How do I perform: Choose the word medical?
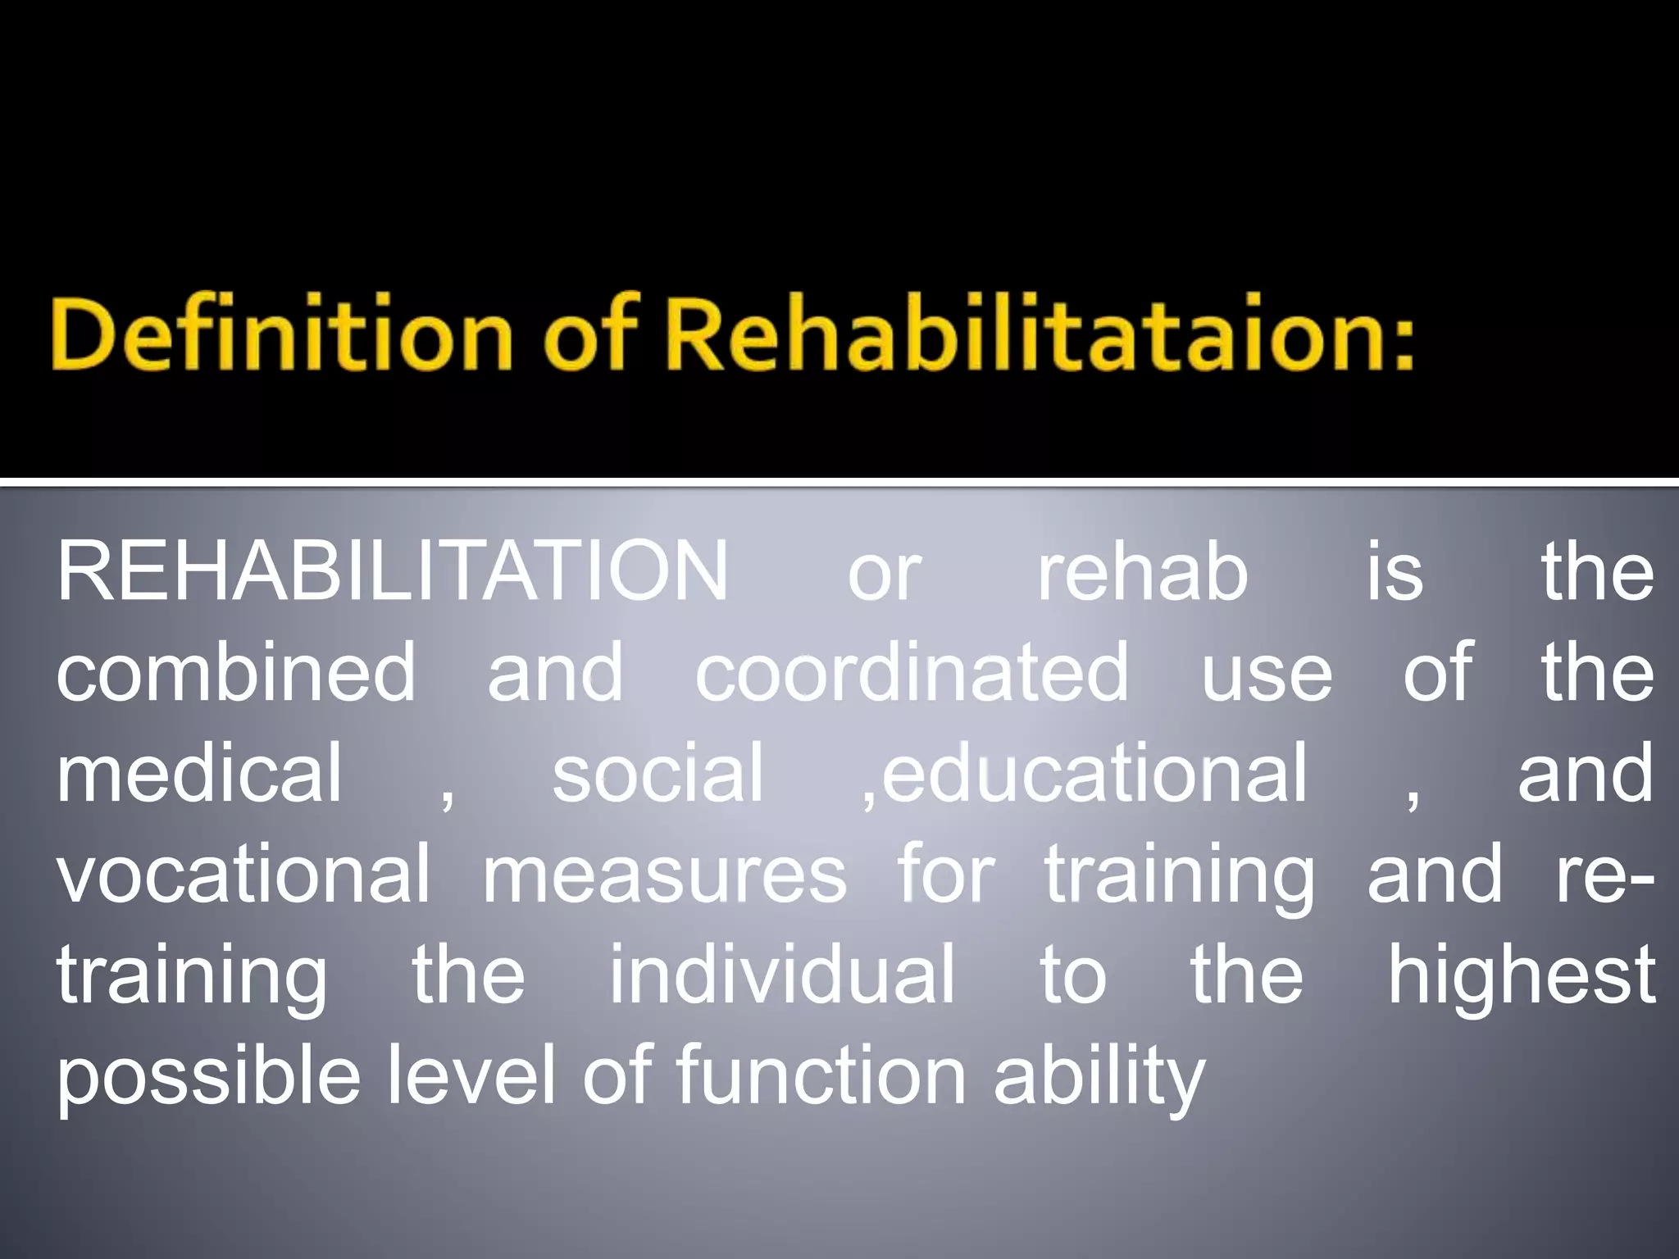[x=199, y=773]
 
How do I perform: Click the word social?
[x=657, y=773]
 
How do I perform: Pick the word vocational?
[x=243, y=874]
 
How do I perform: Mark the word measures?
[x=664, y=874]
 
